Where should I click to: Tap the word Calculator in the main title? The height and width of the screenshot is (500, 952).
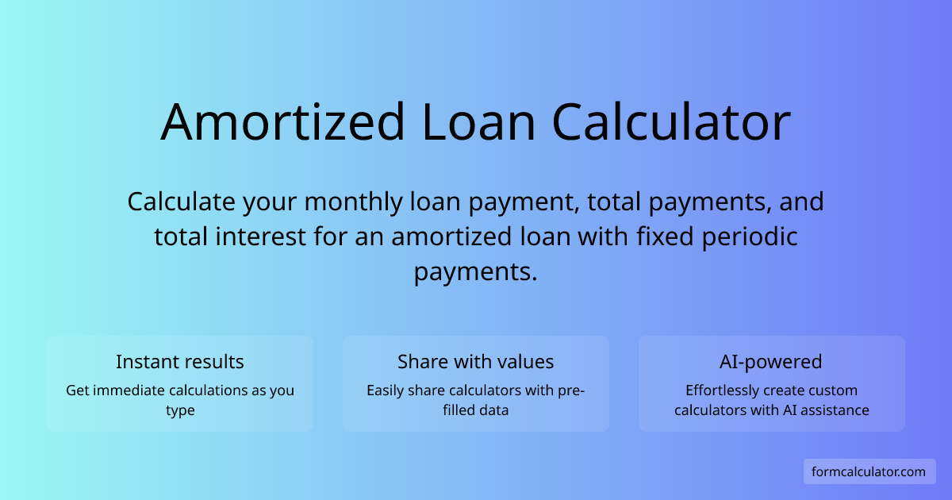(x=671, y=122)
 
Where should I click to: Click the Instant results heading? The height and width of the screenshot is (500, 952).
(x=180, y=362)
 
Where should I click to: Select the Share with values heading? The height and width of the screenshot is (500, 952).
(x=476, y=362)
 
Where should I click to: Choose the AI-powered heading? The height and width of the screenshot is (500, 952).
(x=771, y=362)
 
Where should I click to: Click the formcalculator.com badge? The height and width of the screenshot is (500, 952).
(x=869, y=471)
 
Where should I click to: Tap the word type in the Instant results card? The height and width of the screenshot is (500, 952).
(x=180, y=410)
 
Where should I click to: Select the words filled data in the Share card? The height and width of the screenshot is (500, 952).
(x=476, y=410)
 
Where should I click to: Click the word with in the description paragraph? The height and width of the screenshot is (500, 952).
(x=570, y=237)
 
